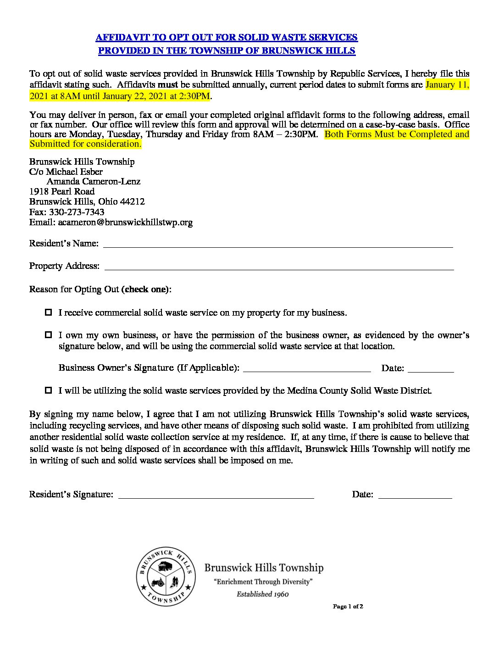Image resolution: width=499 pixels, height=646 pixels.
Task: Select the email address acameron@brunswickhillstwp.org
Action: [125, 223]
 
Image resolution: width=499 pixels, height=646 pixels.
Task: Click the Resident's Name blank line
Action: [277, 244]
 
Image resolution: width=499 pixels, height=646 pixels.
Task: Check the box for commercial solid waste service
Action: [49, 312]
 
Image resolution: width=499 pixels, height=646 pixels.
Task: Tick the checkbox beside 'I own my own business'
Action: [49, 335]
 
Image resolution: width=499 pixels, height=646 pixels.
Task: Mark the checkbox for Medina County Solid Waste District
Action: [49, 390]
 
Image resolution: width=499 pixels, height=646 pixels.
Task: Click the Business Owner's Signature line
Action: [306, 368]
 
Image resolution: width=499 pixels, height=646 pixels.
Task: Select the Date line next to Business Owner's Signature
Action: [430, 368]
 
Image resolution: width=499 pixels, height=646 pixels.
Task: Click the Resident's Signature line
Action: [216, 495]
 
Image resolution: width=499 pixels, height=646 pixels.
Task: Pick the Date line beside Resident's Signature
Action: [415, 495]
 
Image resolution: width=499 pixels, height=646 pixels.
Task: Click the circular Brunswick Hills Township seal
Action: [166, 576]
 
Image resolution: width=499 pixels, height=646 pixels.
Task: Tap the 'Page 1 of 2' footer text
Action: [348, 607]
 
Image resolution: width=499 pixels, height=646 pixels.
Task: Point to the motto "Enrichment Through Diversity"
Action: [263, 582]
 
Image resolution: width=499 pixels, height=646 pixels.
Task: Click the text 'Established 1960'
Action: [262, 594]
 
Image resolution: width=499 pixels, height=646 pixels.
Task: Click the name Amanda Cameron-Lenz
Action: [94, 182]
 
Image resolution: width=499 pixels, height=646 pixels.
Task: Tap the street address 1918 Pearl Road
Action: [62, 192]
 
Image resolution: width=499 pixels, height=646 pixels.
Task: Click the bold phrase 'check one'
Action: [146, 290]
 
